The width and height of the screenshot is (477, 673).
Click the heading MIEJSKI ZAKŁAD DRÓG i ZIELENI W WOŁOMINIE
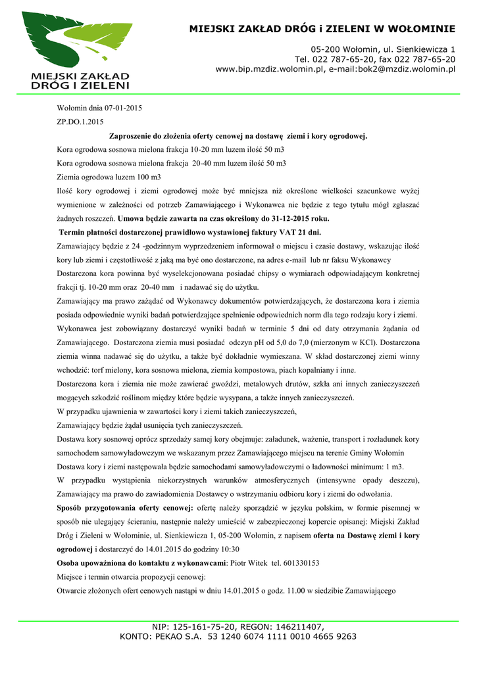point(322,29)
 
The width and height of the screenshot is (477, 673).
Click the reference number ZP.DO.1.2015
point(80,122)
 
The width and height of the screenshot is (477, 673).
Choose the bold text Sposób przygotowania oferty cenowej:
point(126,508)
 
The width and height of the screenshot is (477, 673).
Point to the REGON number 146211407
point(298,627)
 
